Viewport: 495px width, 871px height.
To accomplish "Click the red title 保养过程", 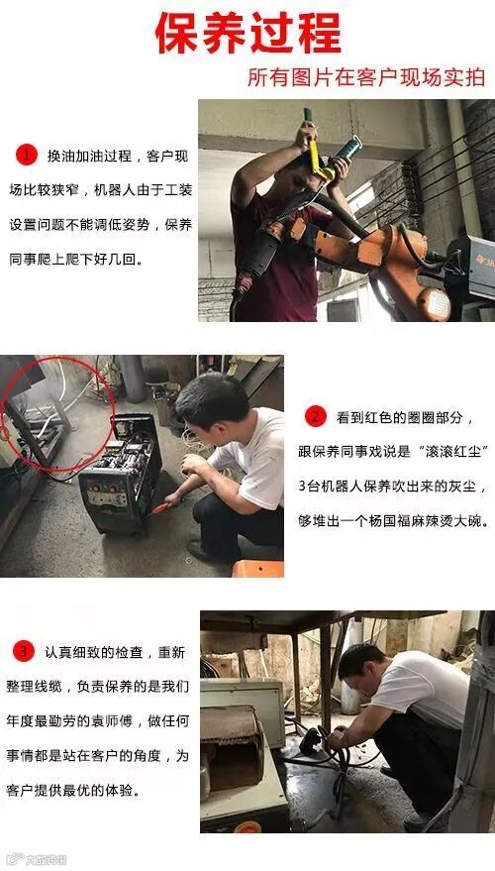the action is tap(248, 34).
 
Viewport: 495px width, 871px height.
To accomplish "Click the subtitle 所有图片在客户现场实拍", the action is tap(366, 77).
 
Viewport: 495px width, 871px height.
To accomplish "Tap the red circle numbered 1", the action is tap(26, 155).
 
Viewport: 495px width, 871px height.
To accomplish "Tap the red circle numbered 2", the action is tap(315, 416).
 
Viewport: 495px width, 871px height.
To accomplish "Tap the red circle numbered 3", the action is tap(24, 652).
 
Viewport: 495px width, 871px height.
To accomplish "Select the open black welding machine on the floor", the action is tap(121, 475).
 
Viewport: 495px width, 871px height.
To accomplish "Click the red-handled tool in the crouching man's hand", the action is tap(162, 507).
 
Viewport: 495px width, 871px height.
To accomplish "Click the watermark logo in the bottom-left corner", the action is tap(36, 860).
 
